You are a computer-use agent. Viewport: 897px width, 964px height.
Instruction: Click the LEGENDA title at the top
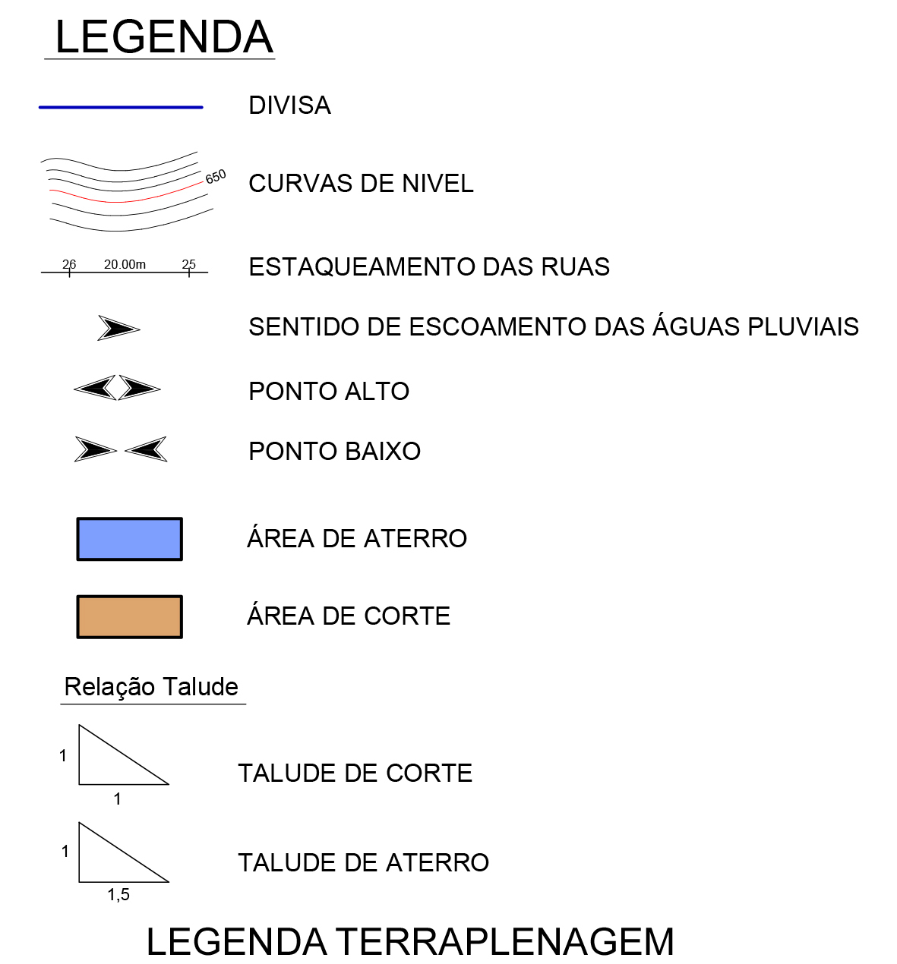[163, 37]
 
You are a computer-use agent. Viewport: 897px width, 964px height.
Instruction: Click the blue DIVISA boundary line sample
[121, 108]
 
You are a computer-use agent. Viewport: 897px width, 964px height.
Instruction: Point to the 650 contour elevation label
[216, 177]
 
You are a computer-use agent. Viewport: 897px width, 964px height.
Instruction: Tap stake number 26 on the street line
[69, 264]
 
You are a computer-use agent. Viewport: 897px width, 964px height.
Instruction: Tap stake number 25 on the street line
[189, 264]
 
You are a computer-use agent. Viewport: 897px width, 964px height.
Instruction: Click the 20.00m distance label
[125, 264]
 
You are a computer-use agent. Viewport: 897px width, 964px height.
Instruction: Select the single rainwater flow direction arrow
[118, 328]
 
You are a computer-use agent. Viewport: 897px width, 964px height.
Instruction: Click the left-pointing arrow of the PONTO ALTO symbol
[96, 388]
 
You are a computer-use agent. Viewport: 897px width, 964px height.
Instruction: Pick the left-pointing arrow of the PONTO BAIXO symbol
[147, 449]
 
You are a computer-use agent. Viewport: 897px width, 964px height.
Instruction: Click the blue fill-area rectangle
[129, 539]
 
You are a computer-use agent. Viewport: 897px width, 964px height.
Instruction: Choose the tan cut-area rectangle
[129, 616]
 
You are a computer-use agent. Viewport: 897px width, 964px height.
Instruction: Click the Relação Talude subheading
[151, 687]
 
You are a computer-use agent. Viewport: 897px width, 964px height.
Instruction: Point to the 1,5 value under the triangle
[118, 895]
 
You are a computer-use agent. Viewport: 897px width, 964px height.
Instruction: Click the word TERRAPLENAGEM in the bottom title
[505, 942]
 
